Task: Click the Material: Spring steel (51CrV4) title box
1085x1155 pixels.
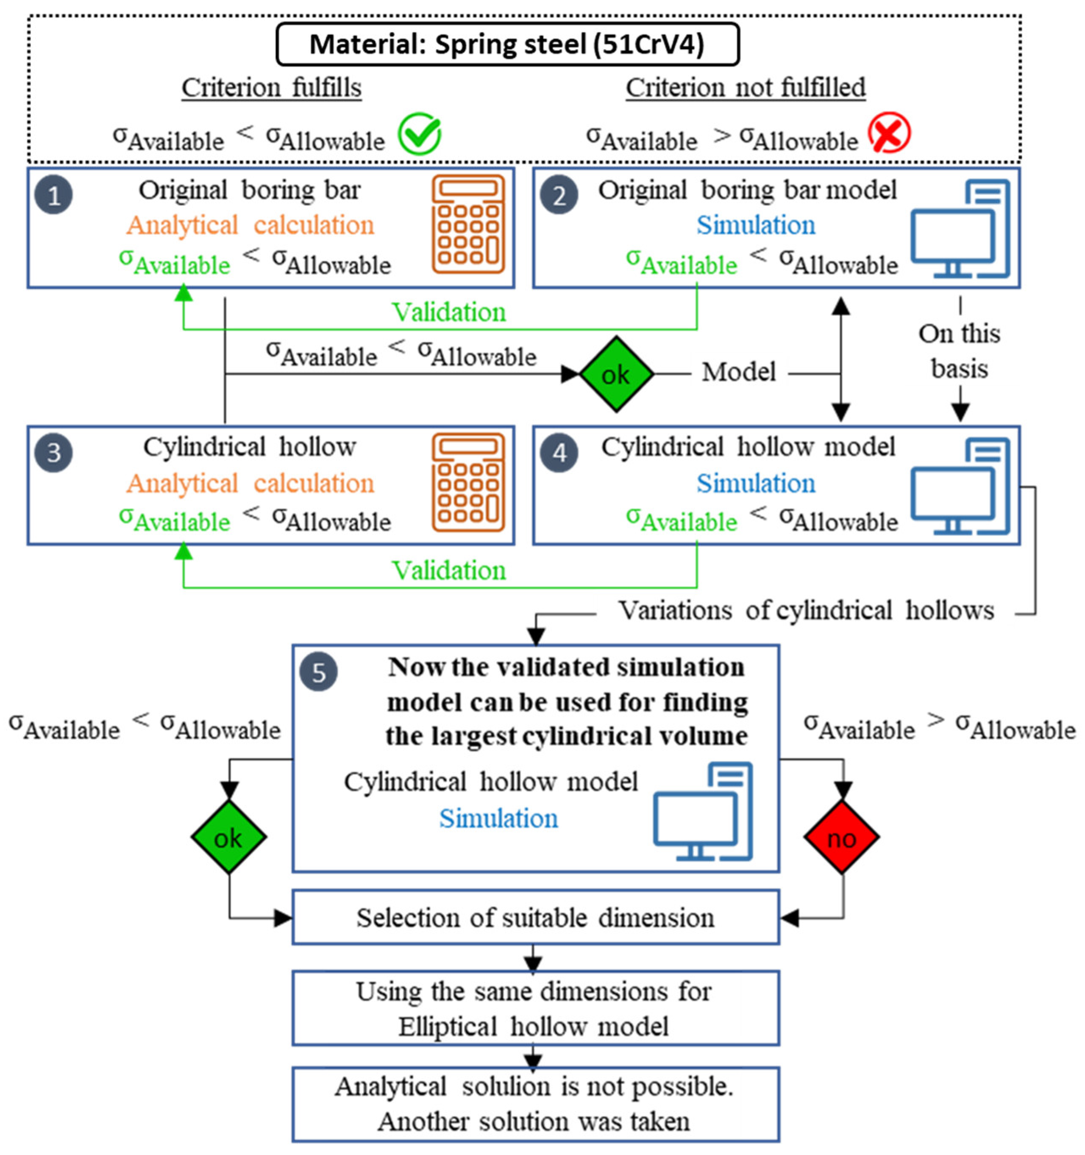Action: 507,44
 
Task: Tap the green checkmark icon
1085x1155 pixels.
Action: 419,134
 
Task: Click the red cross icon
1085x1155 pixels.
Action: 889,133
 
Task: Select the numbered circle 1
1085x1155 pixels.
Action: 53,195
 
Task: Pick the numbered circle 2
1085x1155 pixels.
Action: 559,195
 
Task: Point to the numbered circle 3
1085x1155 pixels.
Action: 53,453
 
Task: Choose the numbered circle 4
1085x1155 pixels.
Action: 559,453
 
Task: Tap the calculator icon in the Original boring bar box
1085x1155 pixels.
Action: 468,224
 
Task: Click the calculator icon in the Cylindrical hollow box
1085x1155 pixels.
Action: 468,482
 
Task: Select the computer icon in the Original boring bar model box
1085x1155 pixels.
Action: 960,228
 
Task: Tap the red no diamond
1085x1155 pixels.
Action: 841,837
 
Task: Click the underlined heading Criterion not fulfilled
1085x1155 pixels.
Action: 746,88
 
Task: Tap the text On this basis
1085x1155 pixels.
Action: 960,351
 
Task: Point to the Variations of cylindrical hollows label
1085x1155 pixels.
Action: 806,611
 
